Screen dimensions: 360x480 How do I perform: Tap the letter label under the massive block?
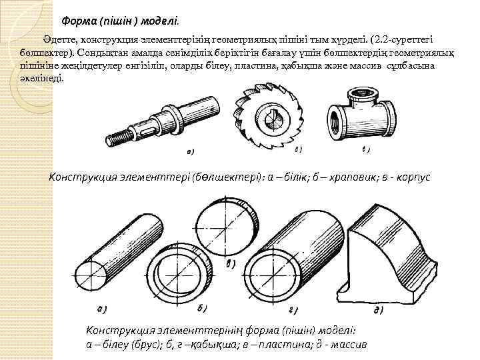378,311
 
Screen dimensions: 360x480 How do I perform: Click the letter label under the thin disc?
231,263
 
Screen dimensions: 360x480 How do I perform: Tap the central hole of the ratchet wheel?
272,121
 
